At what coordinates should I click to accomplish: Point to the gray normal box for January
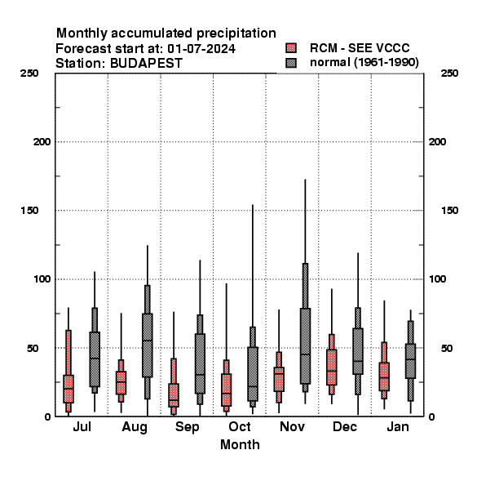point(411,361)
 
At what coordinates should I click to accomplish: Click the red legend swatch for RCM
point(291,48)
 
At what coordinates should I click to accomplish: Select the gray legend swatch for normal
point(291,63)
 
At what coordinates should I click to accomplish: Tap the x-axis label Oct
point(240,426)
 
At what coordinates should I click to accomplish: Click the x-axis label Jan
point(398,426)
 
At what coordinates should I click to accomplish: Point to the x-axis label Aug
point(135,427)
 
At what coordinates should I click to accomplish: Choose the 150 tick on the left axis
point(29,211)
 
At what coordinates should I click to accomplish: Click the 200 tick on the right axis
point(437,142)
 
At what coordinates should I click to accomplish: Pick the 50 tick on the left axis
point(33,348)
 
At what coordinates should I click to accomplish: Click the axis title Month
point(240,445)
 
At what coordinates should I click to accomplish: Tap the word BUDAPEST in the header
point(146,64)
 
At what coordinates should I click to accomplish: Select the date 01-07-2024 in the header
point(201,49)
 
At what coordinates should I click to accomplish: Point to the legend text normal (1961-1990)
point(364,63)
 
